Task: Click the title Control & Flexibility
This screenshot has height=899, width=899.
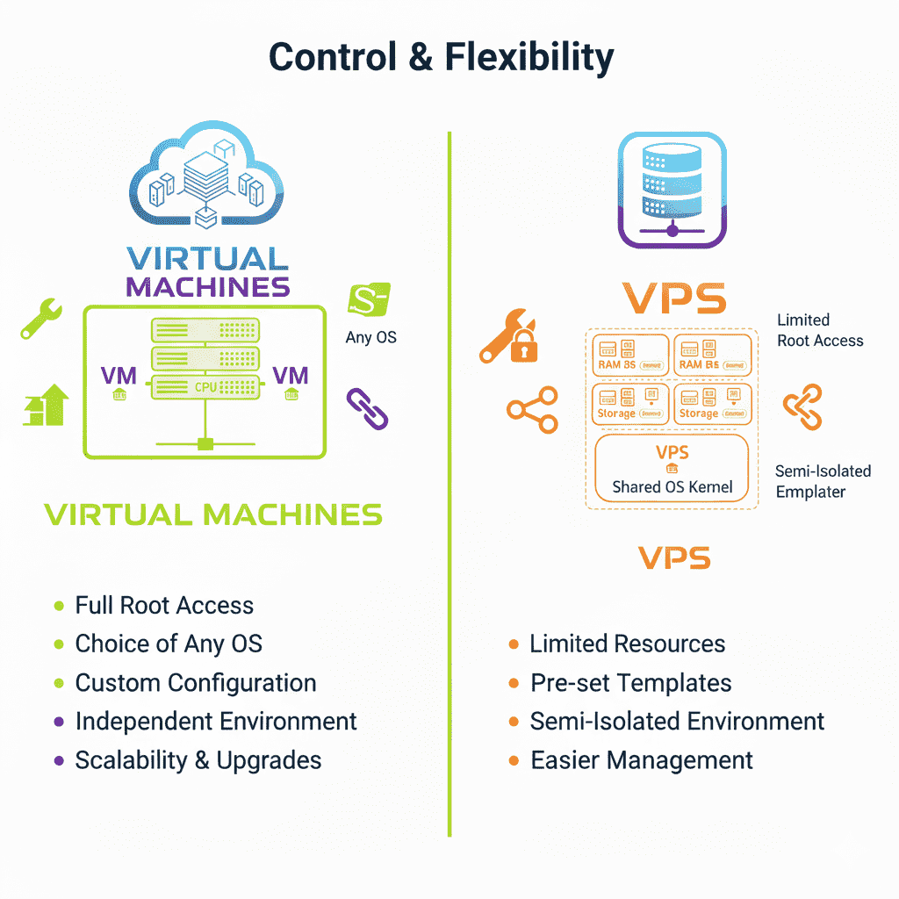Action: (441, 58)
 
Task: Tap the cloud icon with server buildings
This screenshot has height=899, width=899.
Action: (207, 181)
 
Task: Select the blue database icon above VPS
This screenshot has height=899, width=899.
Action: (672, 191)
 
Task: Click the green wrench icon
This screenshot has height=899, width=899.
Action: (40, 319)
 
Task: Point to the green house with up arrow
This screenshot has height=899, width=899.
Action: (45, 405)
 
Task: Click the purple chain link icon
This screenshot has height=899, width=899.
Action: (367, 409)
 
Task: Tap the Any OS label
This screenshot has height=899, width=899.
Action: (370, 337)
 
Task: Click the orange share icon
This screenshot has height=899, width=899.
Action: (532, 410)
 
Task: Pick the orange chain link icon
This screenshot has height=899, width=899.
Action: (802, 406)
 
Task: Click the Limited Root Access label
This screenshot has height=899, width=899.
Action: (820, 330)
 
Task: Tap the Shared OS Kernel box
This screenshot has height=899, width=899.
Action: (672, 469)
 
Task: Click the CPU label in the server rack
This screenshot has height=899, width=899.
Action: (205, 385)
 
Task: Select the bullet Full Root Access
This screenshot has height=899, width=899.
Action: (164, 605)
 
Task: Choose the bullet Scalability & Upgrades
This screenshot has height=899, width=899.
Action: (198, 759)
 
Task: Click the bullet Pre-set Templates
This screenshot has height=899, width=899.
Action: (630, 682)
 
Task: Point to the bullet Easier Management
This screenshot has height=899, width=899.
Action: (641, 759)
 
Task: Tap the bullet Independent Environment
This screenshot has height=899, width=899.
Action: (215, 721)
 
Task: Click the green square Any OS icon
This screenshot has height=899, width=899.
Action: (369, 298)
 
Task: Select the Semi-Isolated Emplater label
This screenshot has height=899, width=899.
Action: (823, 481)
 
